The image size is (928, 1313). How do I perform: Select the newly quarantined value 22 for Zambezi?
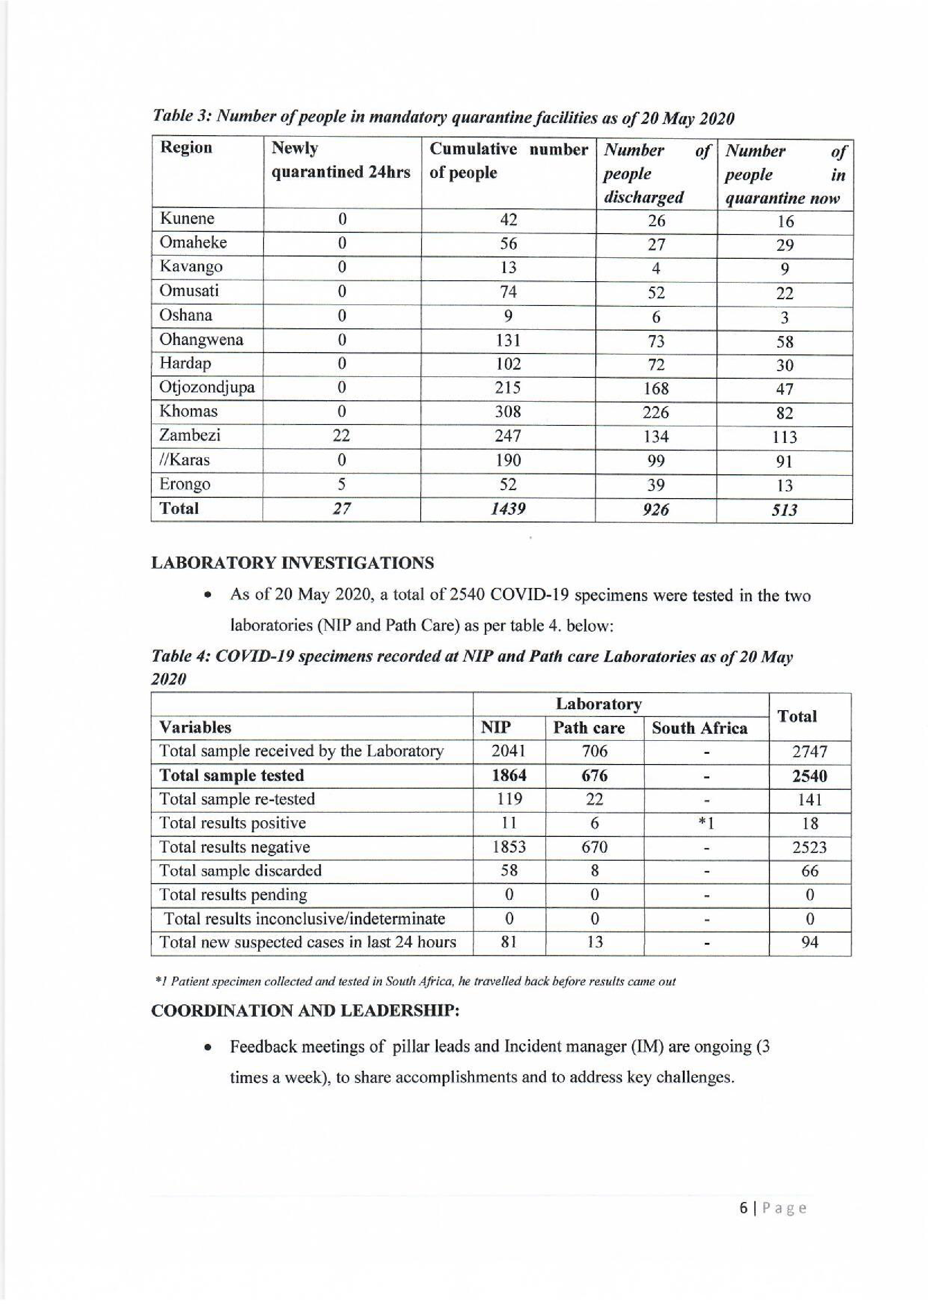coord(341,436)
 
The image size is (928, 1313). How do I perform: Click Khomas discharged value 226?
coord(655,412)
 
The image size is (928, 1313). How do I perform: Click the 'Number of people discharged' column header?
coord(656,173)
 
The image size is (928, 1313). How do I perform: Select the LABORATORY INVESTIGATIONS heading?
coord(292,563)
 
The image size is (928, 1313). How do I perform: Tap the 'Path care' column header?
coord(589,728)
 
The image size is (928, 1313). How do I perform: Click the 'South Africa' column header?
coord(699,728)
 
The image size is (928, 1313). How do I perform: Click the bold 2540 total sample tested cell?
coord(810,776)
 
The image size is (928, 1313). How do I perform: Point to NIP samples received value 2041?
coord(508,752)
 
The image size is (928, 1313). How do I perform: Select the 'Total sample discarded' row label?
coord(240,871)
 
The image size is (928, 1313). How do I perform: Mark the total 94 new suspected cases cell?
coord(810,942)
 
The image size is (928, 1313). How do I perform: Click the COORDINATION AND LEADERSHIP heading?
coord(305,1011)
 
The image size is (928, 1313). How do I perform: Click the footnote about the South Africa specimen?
coord(415,981)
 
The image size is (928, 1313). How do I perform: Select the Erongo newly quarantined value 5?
coord(341,484)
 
